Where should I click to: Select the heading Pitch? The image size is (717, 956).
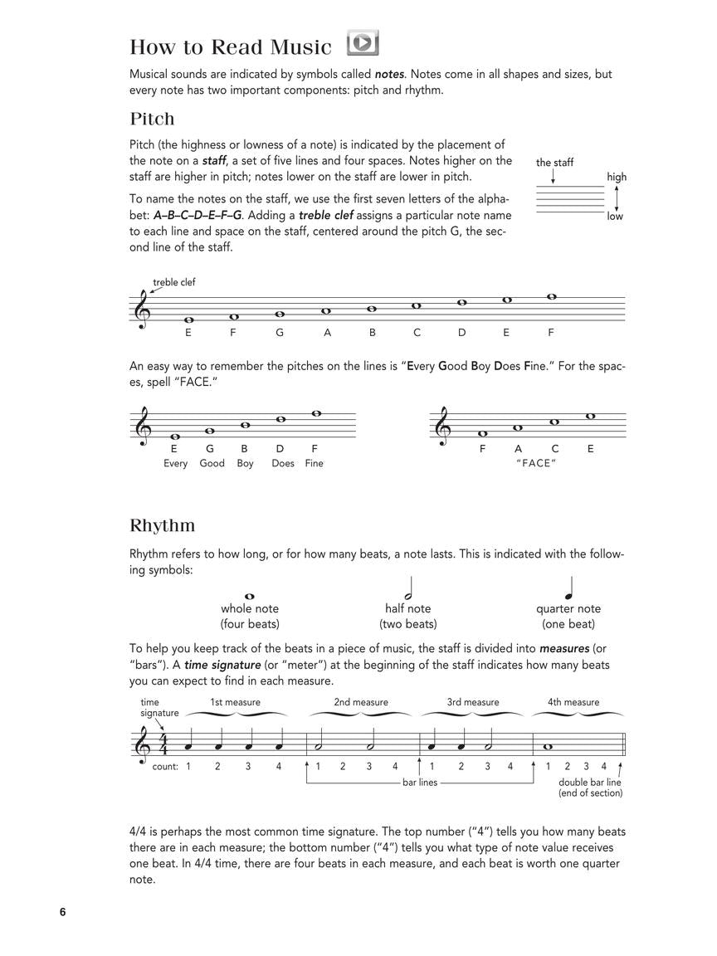point(152,119)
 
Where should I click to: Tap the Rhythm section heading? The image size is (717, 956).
point(163,525)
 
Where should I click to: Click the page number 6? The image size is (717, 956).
point(62,912)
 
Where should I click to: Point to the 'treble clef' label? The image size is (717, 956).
point(174,282)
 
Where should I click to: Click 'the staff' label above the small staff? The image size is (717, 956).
point(554,163)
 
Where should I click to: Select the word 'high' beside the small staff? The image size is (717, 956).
point(617,177)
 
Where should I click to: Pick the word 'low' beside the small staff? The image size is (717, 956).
point(614,217)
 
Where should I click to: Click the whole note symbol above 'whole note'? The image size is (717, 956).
point(249,596)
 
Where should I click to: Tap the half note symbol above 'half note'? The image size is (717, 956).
point(407,589)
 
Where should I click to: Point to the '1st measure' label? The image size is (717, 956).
point(235,702)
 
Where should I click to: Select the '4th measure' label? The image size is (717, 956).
point(573,702)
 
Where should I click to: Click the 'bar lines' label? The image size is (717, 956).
point(420,783)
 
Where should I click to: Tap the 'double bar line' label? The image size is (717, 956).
point(590,783)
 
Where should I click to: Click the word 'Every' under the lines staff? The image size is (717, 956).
point(175,463)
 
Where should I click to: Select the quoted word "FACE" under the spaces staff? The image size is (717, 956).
point(535,463)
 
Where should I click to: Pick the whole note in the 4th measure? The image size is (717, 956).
point(547,746)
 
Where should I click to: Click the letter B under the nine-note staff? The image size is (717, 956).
point(373,333)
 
